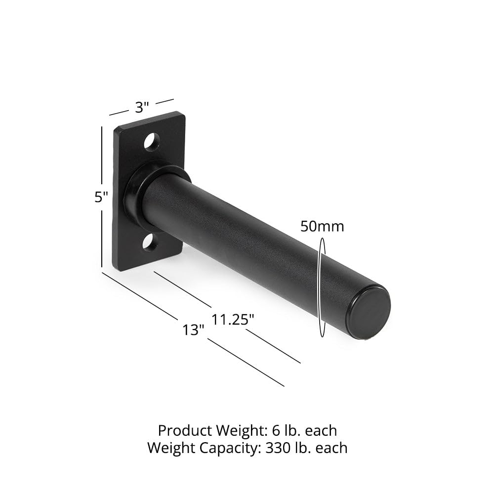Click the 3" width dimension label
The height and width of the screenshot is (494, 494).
pos(142,107)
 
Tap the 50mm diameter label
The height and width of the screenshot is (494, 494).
pos(322,227)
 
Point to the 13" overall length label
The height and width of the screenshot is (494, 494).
pos(193,330)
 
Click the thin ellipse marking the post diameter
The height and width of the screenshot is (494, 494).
pos(323,287)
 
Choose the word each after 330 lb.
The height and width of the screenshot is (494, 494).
pos(331,448)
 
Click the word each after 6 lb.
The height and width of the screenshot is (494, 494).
pos(321,430)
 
